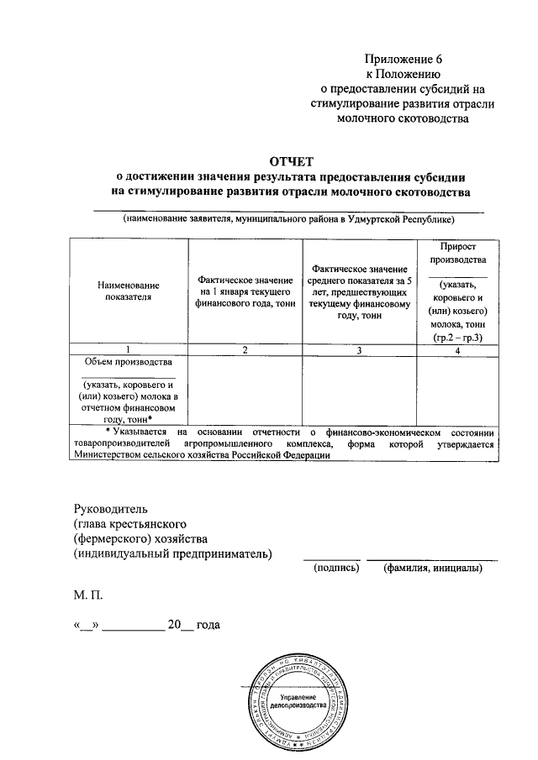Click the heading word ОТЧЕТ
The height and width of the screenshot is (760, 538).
point(288,161)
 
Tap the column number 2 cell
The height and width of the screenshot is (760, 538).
point(245,349)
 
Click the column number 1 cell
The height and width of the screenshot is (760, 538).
point(129,349)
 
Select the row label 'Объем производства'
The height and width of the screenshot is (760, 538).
point(129,362)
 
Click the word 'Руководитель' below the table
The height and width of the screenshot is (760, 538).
point(111,509)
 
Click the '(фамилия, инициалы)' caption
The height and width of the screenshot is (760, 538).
point(432,569)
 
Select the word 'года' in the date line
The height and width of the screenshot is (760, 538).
point(209,626)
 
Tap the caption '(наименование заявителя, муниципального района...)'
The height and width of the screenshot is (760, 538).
point(288,220)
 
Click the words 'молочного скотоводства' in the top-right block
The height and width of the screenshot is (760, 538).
point(403,119)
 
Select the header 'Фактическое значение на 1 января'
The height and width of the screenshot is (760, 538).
point(245,291)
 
